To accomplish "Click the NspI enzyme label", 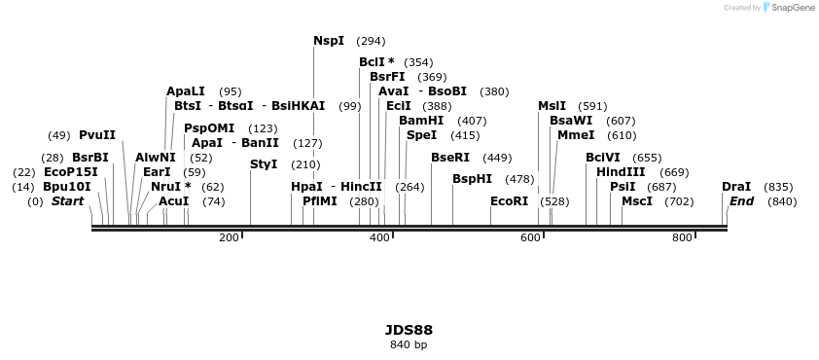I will pos(329,41).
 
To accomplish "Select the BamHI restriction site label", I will pos(421,121).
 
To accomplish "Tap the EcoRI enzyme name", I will pos(510,201).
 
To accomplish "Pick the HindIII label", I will pos(621,172).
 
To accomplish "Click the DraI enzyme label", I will pos(736,187).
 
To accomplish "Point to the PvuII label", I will pos(97,135).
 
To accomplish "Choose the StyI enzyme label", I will pos(264,164).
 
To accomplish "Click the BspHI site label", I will pos(473,179).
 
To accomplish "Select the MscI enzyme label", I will pos(637,201).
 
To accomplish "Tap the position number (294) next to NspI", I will pos(371,42).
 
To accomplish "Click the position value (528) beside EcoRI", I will pos(554,201).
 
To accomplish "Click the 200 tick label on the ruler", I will pos(229,237).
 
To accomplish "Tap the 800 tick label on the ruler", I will pos(682,237).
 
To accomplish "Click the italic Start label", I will pos(67,201).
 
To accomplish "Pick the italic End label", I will pos(741,201).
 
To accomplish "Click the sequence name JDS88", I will pos(409,330).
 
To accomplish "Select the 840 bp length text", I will pos(409,344).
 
